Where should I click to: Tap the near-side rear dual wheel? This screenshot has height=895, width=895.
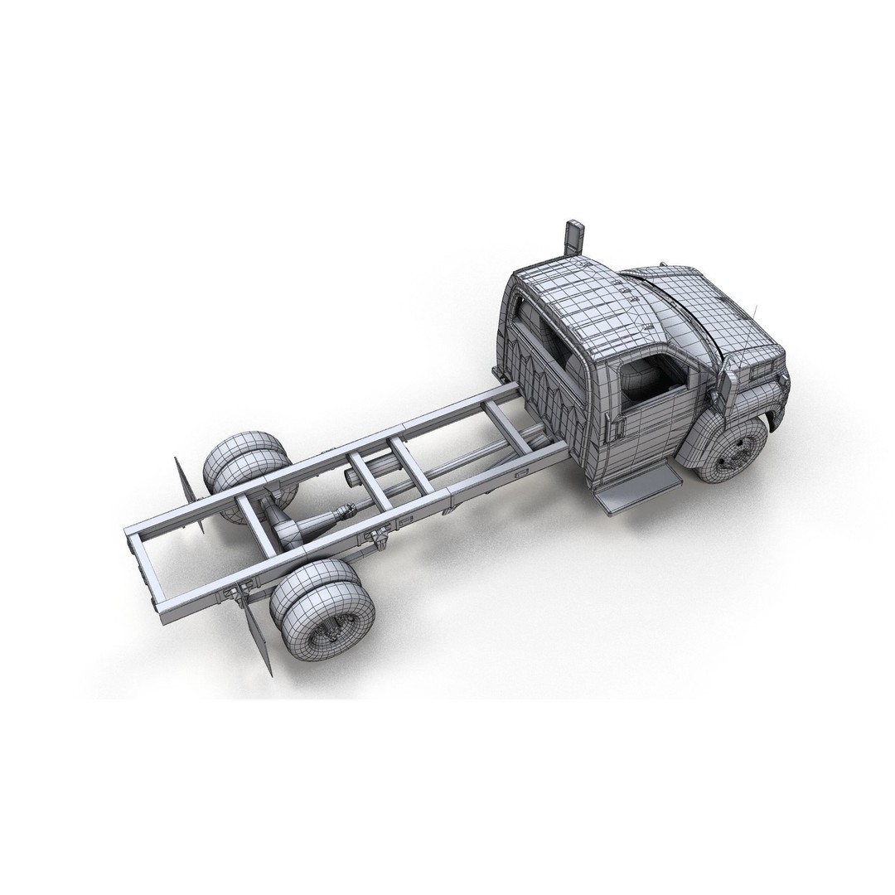pyautogui.click(x=323, y=608)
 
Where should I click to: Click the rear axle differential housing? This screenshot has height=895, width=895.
pyautogui.click(x=286, y=530)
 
